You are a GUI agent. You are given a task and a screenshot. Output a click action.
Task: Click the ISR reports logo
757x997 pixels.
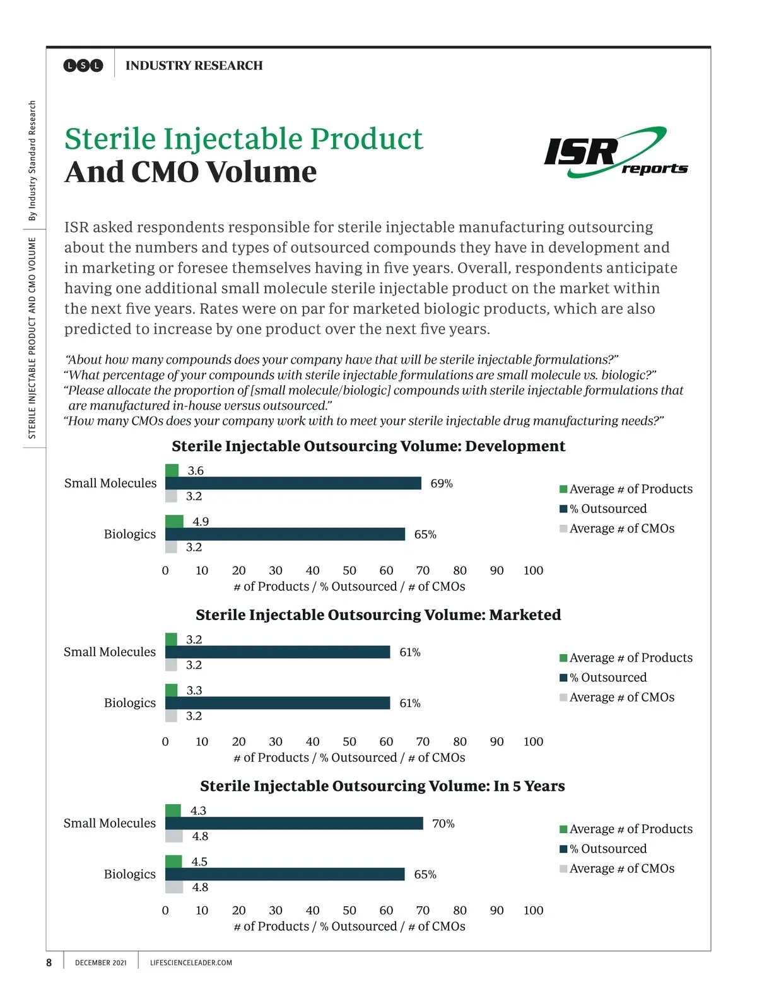[615, 153]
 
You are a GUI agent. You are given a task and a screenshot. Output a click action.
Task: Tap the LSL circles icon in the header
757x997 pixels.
[83, 66]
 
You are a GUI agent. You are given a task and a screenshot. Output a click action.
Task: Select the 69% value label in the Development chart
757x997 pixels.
[442, 483]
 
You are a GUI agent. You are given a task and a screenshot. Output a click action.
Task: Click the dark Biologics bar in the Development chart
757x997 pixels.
[285, 534]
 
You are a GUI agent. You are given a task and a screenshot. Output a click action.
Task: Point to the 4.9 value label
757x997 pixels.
[201, 522]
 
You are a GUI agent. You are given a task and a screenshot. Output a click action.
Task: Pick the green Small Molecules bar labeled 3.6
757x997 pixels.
[172, 471]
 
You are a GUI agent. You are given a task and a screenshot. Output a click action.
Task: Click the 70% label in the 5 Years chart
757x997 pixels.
[443, 824]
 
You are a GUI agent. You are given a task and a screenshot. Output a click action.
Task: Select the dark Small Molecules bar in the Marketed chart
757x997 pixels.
[278, 652]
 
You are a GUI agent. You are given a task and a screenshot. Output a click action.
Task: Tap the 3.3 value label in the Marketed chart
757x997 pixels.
[194, 691]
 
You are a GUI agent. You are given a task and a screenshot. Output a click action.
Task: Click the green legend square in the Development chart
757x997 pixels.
[563, 489]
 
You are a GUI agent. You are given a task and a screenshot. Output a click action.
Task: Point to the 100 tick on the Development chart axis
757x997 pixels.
[533, 570]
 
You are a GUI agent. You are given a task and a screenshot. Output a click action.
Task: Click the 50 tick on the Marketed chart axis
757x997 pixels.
[349, 742]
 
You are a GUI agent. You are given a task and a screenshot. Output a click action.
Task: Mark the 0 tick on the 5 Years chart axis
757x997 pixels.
[165, 910]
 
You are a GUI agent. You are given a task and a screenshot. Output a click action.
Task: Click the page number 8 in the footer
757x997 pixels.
[49, 962]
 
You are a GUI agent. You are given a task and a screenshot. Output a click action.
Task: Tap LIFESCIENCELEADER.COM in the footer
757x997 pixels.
[191, 963]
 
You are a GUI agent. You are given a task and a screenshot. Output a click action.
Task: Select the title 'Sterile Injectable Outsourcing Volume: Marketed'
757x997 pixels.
[378, 614]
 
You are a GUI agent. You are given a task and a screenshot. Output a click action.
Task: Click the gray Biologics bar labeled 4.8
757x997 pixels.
[174, 887]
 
